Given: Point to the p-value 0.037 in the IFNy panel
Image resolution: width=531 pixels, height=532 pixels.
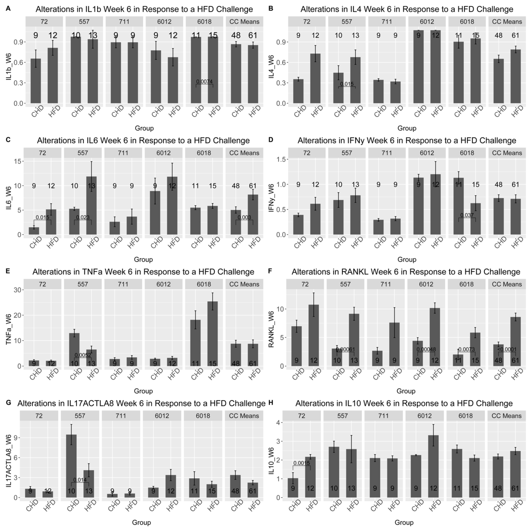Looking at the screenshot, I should point(467,215).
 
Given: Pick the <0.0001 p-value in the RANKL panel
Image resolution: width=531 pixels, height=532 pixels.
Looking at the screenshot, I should point(507,349).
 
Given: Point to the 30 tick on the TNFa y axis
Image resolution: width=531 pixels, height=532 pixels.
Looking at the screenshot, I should point(19,290).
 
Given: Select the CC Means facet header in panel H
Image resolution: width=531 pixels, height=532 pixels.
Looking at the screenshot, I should point(507,416).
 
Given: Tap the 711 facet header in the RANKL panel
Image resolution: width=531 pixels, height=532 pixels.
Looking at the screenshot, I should point(386,284).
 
